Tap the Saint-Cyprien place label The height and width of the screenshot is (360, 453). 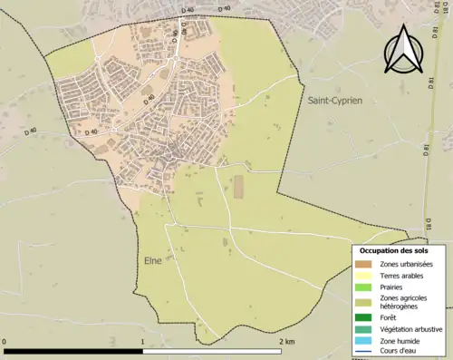334,101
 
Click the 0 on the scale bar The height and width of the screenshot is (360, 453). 5,341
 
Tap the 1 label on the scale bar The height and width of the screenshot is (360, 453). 143,341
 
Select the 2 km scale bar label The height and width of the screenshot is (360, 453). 287,341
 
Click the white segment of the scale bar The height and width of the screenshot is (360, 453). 212,350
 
